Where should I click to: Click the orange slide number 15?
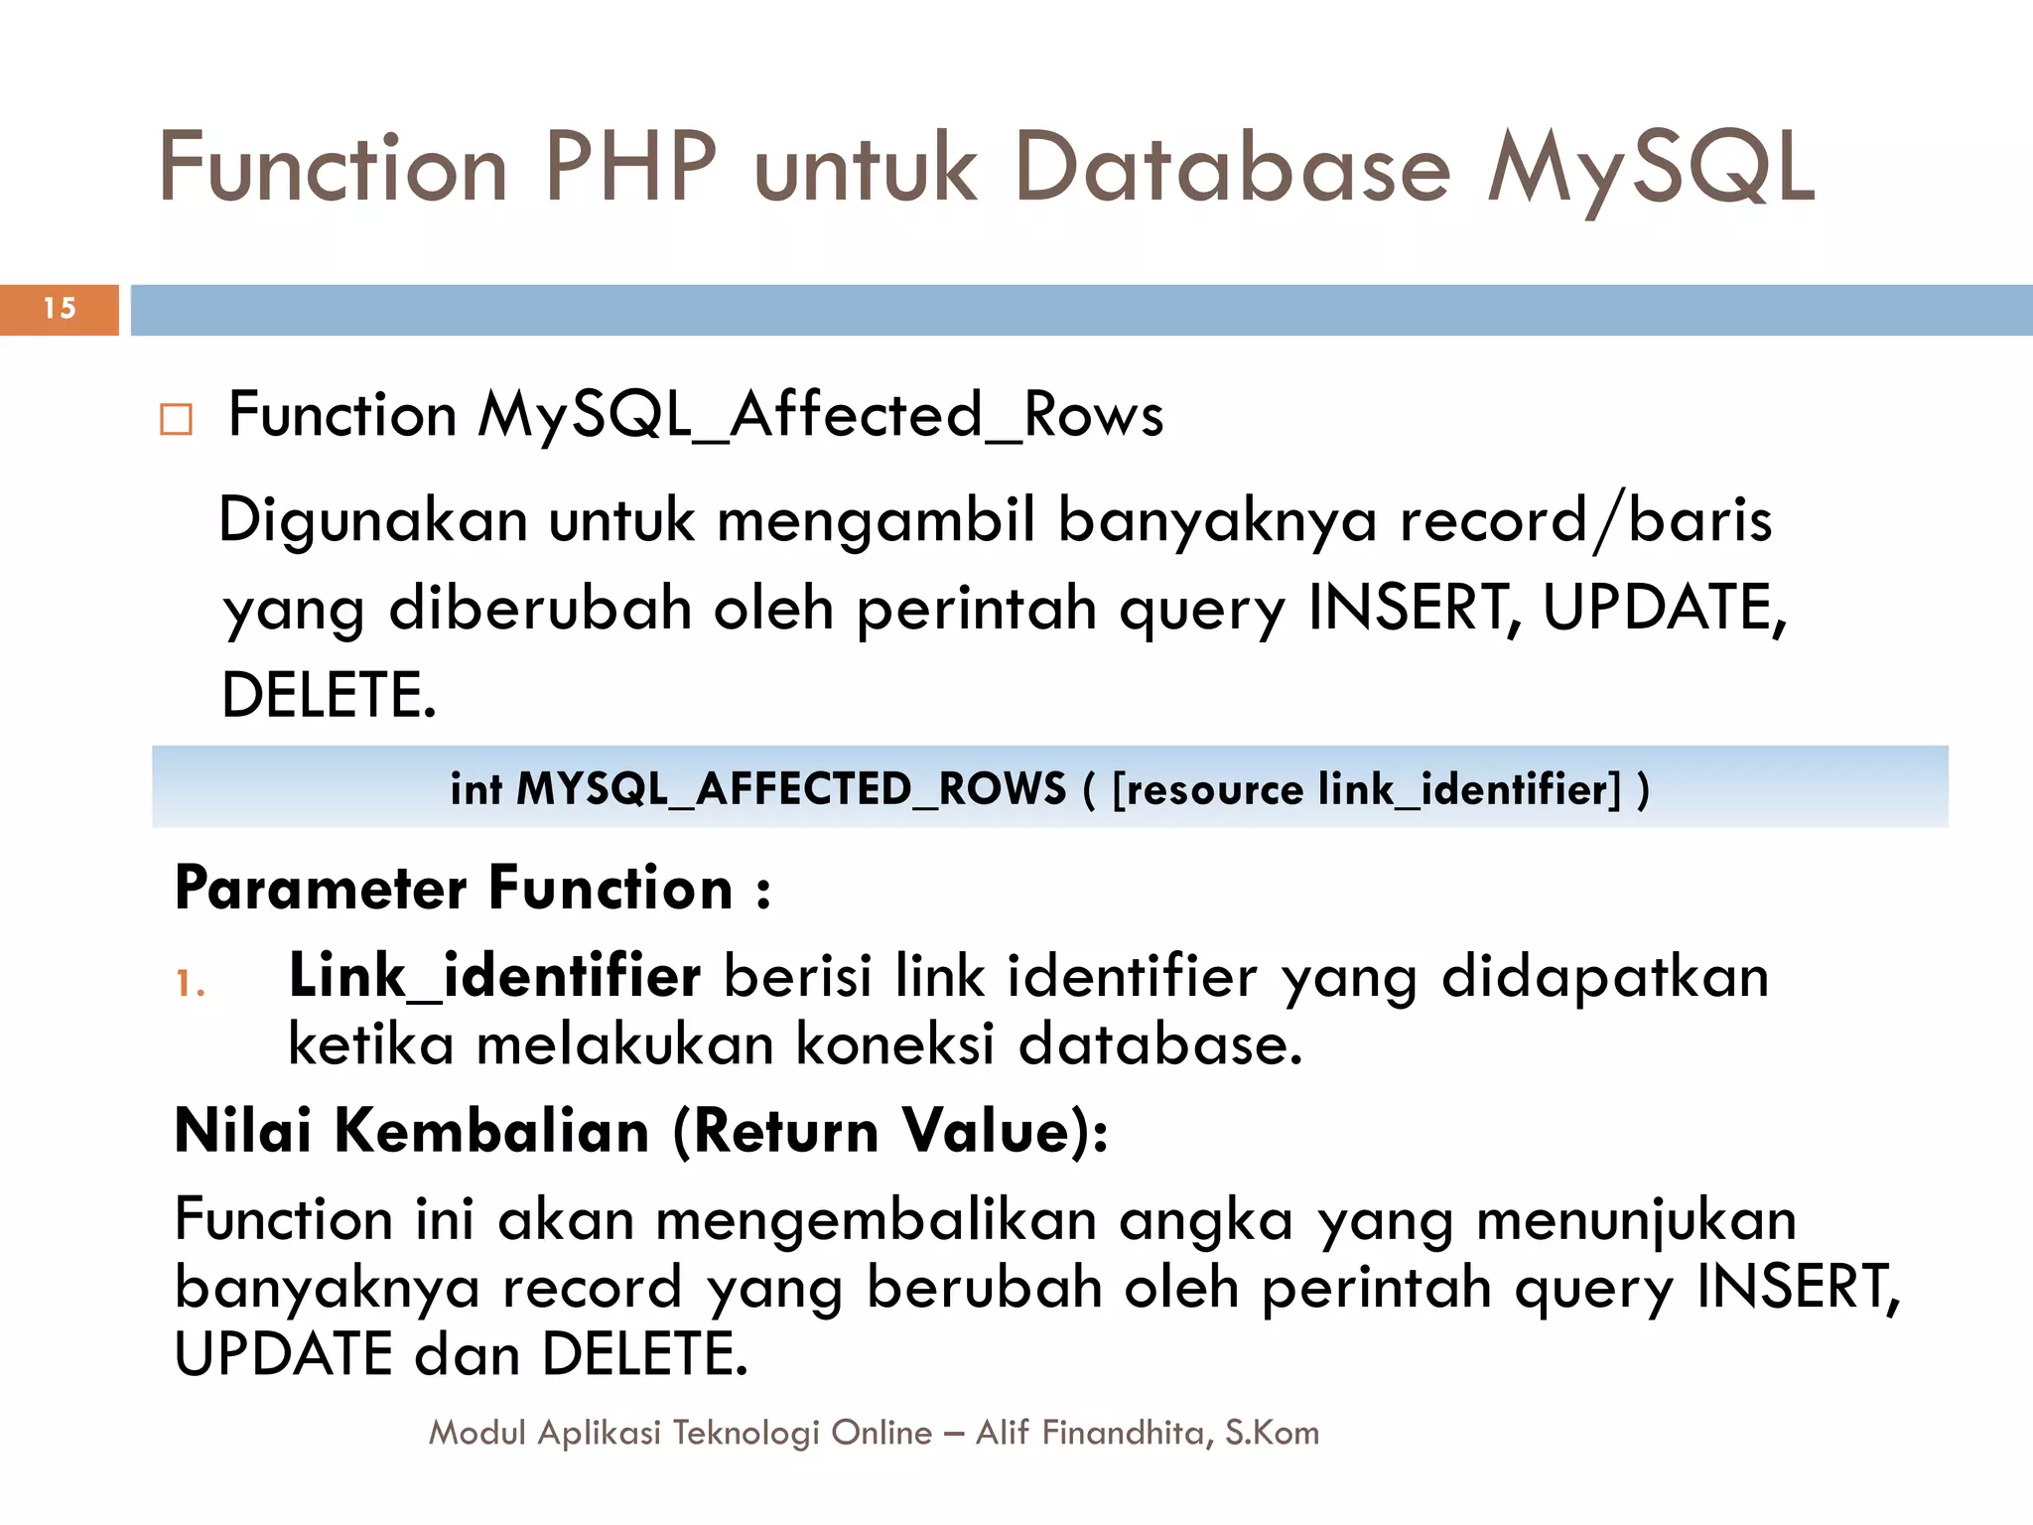(60, 309)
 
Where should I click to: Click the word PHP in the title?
(630, 168)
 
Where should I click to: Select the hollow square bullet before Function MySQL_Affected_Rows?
(176, 420)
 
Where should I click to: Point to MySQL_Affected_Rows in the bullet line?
(820, 415)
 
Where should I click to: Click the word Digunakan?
(372, 520)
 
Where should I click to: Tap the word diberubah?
(540, 608)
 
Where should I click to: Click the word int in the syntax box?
(475, 789)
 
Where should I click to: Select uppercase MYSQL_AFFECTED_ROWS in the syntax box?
(791, 789)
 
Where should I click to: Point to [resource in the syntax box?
(1207, 789)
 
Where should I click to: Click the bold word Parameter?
(321, 888)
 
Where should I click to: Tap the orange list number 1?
(190, 984)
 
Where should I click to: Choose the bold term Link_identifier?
(494, 976)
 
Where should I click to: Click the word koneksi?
(895, 1044)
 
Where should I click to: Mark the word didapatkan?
(1604, 976)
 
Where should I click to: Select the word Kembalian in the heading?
(491, 1131)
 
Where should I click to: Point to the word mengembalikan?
(876, 1220)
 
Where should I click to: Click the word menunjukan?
(1636, 1220)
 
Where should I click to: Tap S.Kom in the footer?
(1272, 1433)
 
